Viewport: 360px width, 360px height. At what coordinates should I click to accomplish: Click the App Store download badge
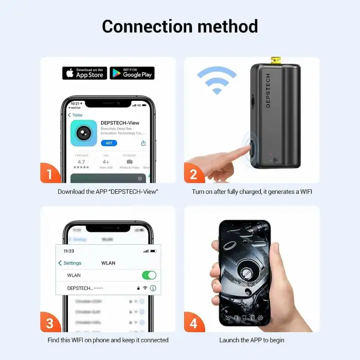(84, 73)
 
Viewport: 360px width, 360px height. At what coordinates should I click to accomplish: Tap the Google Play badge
(132, 73)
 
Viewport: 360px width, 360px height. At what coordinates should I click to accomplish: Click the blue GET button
(109, 143)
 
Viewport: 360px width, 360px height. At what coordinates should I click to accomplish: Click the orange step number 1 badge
(50, 174)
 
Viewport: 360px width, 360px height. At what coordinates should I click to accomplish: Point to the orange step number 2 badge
(194, 174)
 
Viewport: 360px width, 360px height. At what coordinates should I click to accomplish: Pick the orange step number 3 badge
(50, 323)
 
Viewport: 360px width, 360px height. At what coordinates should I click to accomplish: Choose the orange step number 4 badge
(194, 323)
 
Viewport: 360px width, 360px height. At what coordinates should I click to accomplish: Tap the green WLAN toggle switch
(149, 275)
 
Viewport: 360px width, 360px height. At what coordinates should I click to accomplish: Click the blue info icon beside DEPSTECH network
(153, 289)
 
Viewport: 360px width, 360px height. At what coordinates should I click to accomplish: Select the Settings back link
(69, 263)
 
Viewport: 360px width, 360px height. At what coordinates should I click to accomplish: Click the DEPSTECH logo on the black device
(268, 91)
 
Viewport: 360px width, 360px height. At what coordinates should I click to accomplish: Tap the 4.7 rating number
(81, 161)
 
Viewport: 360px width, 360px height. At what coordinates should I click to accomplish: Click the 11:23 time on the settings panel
(69, 251)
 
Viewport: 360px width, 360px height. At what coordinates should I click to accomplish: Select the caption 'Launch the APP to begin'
(251, 340)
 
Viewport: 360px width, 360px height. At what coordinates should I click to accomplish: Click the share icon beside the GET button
(143, 143)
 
